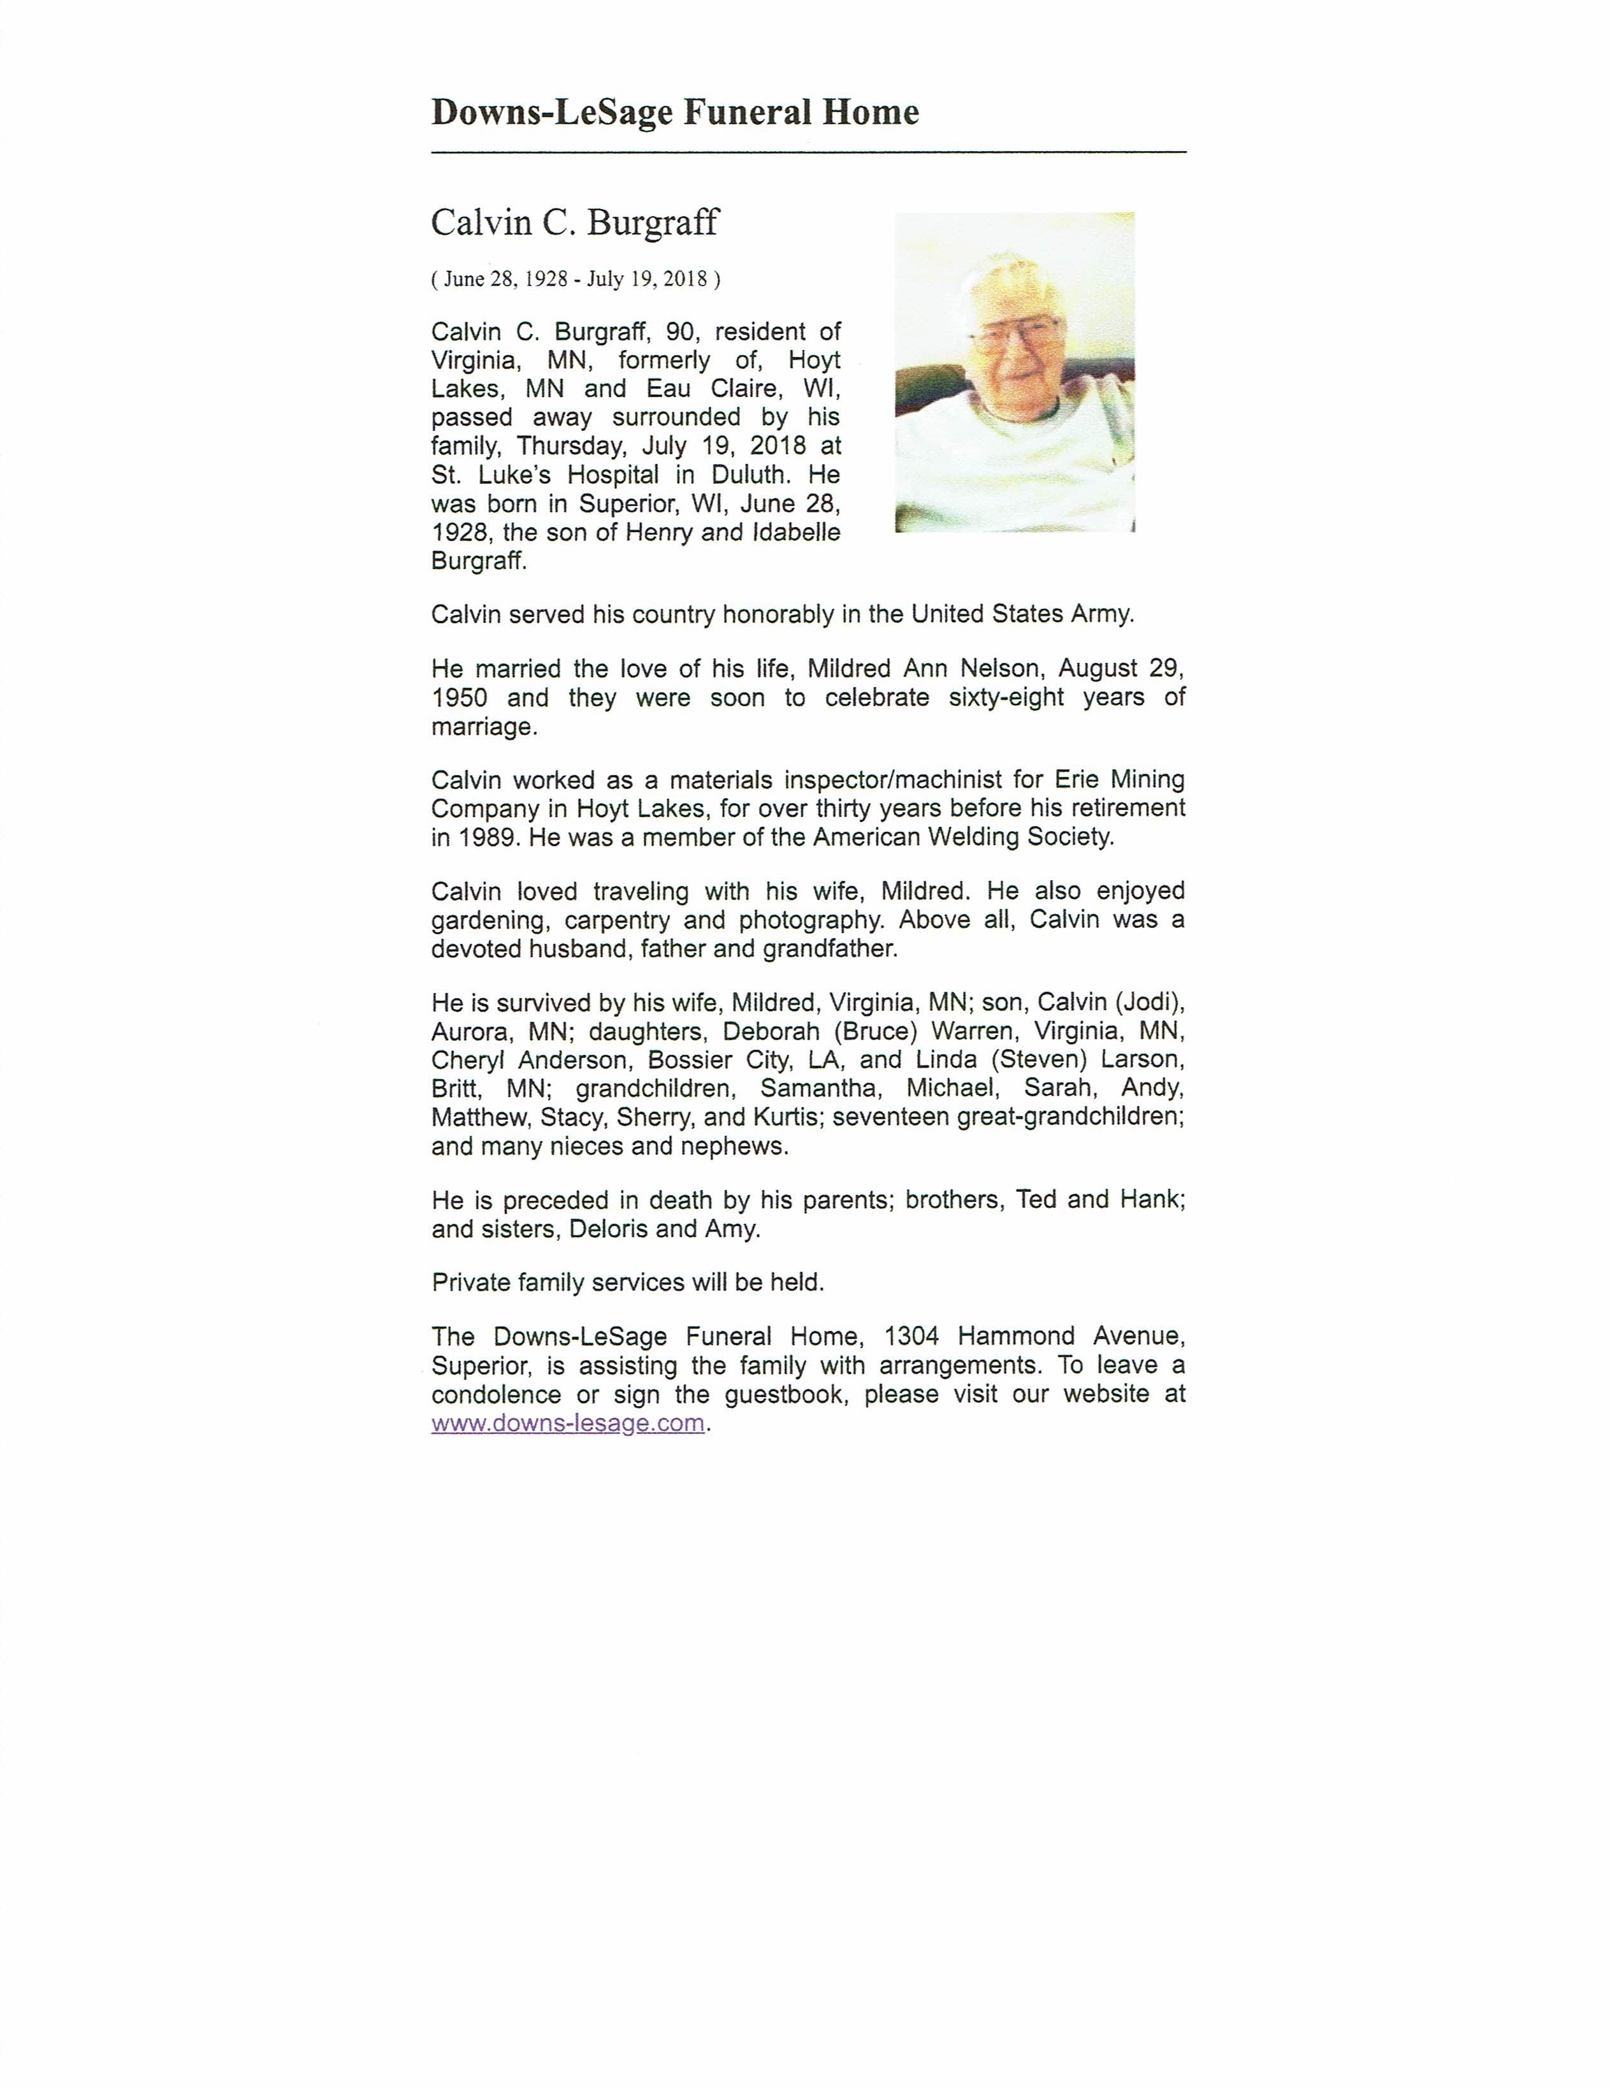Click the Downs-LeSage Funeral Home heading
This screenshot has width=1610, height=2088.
click(x=675, y=113)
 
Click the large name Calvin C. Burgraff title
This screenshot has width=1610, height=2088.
click(x=575, y=223)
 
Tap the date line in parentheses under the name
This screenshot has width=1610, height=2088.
click(x=576, y=279)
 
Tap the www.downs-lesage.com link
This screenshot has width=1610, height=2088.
click(x=568, y=1423)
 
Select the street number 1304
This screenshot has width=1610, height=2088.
click(x=911, y=1336)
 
